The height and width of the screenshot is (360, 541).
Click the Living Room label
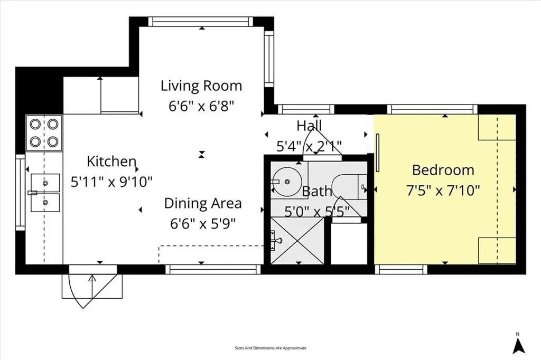tap(201, 86)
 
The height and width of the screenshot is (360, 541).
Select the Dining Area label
tap(202, 203)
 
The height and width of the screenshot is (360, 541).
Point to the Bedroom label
tap(443, 170)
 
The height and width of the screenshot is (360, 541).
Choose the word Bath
tap(317, 191)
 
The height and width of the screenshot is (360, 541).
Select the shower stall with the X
tap(296, 241)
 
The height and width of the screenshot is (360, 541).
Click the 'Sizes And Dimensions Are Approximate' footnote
tap(270, 348)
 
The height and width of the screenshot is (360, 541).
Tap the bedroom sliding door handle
tap(378, 153)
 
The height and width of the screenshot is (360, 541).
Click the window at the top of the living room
tap(201, 22)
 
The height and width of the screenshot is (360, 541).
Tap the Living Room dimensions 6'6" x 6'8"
tap(201, 105)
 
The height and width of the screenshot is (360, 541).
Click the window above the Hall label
tap(306, 110)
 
